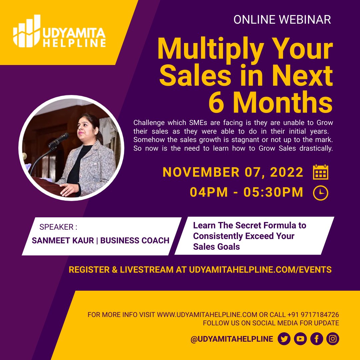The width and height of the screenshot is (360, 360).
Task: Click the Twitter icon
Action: point(284,339)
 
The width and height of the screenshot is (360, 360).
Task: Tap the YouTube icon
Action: point(300,339)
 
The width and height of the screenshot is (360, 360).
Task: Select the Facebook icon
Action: point(317,339)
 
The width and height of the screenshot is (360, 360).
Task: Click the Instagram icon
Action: point(333,339)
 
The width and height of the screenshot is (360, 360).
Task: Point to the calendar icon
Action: point(321,172)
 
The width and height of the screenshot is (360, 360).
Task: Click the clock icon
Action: point(321,193)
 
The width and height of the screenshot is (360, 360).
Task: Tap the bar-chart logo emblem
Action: point(27,31)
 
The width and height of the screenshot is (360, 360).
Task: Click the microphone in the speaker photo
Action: point(59,140)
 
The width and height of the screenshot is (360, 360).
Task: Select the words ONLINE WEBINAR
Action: point(282,20)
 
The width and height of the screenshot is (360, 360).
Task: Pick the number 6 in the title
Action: point(216,103)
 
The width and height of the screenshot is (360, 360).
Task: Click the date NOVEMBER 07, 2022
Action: point(233,172)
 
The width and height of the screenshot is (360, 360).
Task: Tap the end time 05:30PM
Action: point(273,192)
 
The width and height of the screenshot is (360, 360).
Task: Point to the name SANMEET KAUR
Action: point(63,240)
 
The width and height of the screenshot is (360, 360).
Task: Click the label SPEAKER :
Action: point(58,227)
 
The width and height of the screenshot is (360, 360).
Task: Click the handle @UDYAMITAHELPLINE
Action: point(232,339)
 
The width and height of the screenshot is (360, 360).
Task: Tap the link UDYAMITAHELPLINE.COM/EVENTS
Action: point(260,270)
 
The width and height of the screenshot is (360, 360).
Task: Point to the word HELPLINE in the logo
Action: point(74,43)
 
